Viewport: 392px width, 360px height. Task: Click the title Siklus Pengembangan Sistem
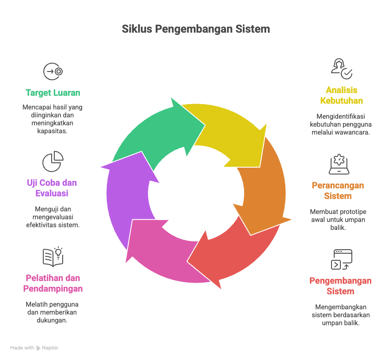[x=196, y=30]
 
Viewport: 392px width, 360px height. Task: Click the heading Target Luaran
[x=53, y=93]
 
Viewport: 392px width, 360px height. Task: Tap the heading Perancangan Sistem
[x=338, y=191]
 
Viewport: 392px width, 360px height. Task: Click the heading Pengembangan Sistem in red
[x=340, y=286]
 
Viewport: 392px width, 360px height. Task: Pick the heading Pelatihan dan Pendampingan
[x=53, y=283]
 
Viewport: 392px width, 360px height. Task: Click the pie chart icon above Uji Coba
[x=53, y=161]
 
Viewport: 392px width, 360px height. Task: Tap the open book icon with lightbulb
[x=53, y=257]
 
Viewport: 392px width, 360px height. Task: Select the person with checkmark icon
[x=342, y=68]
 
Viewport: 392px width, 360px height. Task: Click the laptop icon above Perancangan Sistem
[x=339, y=165]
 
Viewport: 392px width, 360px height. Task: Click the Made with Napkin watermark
[x=34, y=348]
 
